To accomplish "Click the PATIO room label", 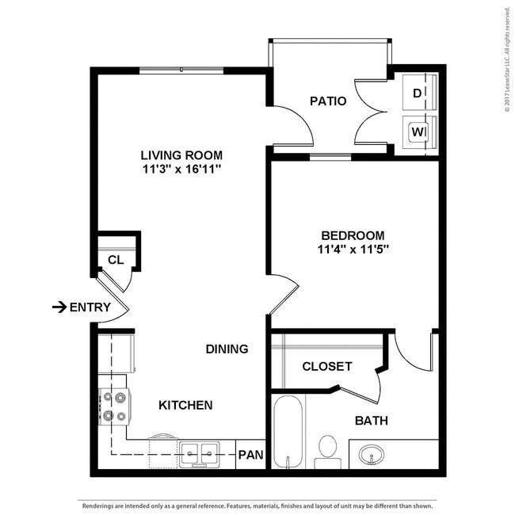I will pyautogui.click(x=328, y=101).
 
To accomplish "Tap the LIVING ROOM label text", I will pyautogui.click(x=181, y=155).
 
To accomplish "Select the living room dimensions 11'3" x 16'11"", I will pyautogui.click(x=181, y=169).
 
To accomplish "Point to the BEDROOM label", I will pyautogui.click(x=353, y=235).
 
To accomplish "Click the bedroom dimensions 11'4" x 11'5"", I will pyautogui.click(x=353, y=249).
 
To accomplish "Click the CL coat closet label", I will pyautogui.click(x=116, y=259).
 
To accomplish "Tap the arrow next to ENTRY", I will pyautogui.click(x=59, y=307).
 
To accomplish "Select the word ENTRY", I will pyautogui.click(x=90, y=307).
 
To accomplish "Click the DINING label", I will pyautogui.click(x=227, y=349).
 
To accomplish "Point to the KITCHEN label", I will pyautogui.click(x=185, y=405).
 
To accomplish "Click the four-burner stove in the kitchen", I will pyautogui.click(x=114, y=407).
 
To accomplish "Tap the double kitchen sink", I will pyautogui.click(x=199, y=454).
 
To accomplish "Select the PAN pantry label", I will pyautogui.click(x=251, y=455).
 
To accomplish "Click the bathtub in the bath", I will pyautogui.click(x=288, y=432).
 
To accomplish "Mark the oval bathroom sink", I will pyautogui.click(x=372, y=455).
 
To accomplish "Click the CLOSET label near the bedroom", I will pyautogui.click(x=327, y=366).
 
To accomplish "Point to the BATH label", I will pyautogui.click(x=371, y=421).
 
